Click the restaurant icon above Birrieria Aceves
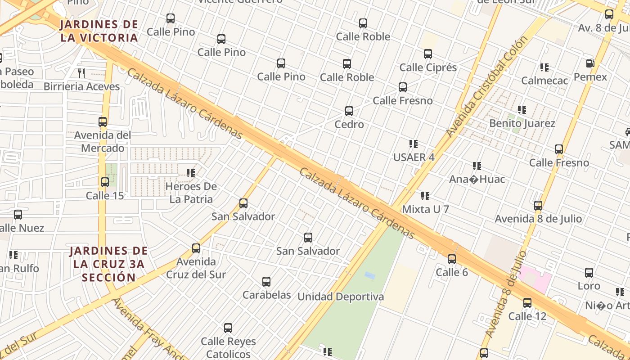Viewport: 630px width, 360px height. click(81, 73)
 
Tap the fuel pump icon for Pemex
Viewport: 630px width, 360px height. click(590, 64)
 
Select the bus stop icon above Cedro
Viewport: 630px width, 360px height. click(349, 111)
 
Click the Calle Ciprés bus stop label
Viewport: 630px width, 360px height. click(428, 67)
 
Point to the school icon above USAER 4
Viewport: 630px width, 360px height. click(414, 144)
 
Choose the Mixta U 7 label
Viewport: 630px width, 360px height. click(425, 209)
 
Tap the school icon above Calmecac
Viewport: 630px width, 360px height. click(544, 67)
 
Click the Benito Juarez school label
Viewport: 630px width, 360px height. click(522, 123)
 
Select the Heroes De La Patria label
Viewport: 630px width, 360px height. click(191, 193)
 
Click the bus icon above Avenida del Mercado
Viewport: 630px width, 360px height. click(103, 122)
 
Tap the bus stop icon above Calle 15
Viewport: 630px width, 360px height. click(105, 182)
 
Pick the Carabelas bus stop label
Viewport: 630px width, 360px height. click(266, 295)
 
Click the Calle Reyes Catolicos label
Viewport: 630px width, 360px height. click(228, 348)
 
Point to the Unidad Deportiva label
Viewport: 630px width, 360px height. click(341, 297)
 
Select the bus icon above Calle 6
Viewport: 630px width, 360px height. click(452, 259)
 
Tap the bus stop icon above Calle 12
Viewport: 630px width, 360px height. click(527, 303)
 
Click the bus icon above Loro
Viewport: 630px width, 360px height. click(589, 273)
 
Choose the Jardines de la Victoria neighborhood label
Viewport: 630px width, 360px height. click(99, 31)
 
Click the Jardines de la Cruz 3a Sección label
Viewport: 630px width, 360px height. click(108, 264)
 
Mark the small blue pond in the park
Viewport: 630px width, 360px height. click(369, 275)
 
